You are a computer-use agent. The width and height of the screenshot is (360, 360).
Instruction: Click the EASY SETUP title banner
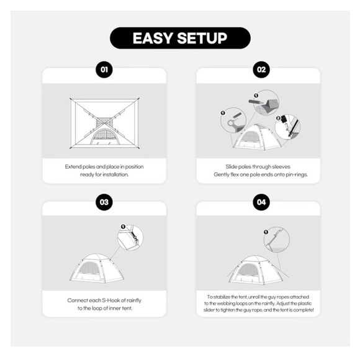180,38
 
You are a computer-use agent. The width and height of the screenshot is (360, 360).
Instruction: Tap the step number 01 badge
104,70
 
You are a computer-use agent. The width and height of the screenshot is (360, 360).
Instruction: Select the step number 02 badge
261,70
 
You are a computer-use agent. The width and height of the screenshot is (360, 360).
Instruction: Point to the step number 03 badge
104,202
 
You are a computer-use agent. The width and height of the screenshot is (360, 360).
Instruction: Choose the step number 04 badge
261,202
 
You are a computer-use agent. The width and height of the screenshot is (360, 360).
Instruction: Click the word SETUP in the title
202,38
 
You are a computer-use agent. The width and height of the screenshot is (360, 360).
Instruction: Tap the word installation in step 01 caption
115,174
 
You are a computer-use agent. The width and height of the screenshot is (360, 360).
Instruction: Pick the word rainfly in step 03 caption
134,300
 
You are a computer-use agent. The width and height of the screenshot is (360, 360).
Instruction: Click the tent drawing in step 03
97,268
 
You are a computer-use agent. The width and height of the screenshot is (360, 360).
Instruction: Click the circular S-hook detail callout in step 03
130,238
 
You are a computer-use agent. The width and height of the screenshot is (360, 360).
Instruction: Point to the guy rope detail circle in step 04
277,240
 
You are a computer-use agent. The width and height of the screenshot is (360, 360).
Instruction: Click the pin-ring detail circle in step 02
233,120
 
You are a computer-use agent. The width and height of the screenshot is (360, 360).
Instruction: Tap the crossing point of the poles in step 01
104,124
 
